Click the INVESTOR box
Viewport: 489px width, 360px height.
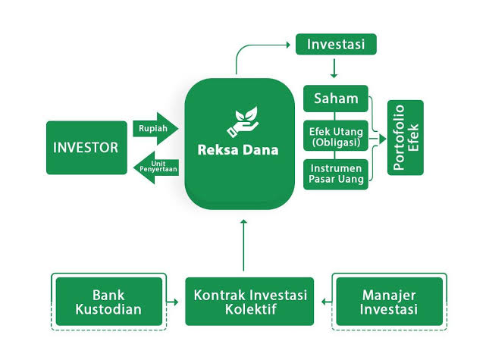point(86,148)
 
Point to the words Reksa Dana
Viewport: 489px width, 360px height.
point(238,150)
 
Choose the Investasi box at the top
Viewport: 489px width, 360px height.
point(335,44)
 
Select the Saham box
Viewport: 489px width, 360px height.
point(335,99)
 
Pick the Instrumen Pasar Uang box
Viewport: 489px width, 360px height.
point(335,174)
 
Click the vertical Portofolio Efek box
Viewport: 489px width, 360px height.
point(406,138)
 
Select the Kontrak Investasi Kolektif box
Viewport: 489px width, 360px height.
point(249,302)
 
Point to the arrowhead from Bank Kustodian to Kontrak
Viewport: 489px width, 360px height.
point(180,302)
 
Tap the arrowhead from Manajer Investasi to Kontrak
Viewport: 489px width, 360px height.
point(324,302)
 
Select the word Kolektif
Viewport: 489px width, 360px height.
point(249,310)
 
